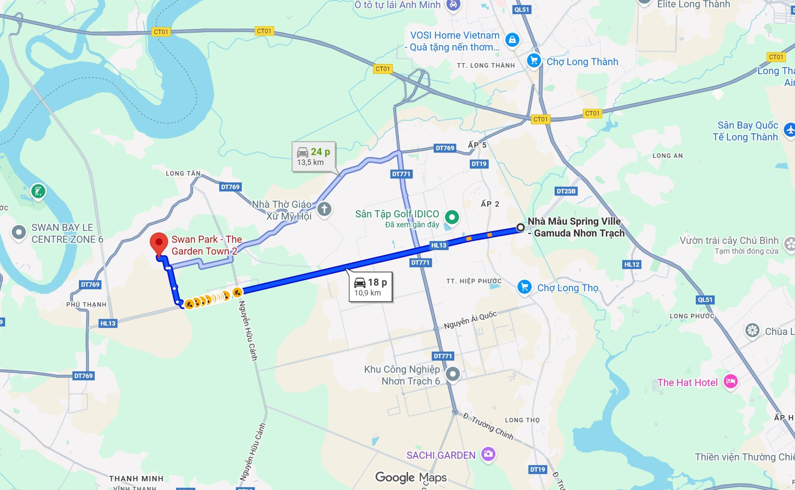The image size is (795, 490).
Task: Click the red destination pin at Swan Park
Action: coord(159,244)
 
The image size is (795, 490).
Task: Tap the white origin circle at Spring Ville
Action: coord(520,227)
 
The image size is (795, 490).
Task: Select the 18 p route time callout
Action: coord(370,286)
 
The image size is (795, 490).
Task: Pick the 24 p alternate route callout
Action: coord(313,156)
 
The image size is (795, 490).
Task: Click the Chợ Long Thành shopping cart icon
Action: coord(534,61)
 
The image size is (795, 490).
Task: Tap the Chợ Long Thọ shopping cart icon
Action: coord(524,287)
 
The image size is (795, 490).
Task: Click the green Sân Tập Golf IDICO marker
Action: coord(452,216)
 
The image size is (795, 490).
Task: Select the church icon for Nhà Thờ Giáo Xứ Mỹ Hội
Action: coord(324,209)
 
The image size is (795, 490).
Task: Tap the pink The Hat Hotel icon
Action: coord(730,382)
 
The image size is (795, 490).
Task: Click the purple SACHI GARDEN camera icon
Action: coord(488,454)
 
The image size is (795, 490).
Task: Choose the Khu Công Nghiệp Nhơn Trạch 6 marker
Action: coord(453,374)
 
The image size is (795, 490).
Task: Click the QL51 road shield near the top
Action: coord(521,9)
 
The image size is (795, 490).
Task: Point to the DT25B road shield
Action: coord(566,191)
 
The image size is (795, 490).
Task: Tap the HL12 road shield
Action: coord(632,264)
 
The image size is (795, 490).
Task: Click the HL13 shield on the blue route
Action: coord(439,245)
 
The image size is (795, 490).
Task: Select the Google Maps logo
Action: coord(411,477)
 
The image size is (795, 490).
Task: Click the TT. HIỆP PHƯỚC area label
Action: coord(474,281)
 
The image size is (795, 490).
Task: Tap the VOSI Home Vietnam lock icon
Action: coord(512,40)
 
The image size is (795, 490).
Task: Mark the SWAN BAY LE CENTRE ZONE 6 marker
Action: coord(19,232)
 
